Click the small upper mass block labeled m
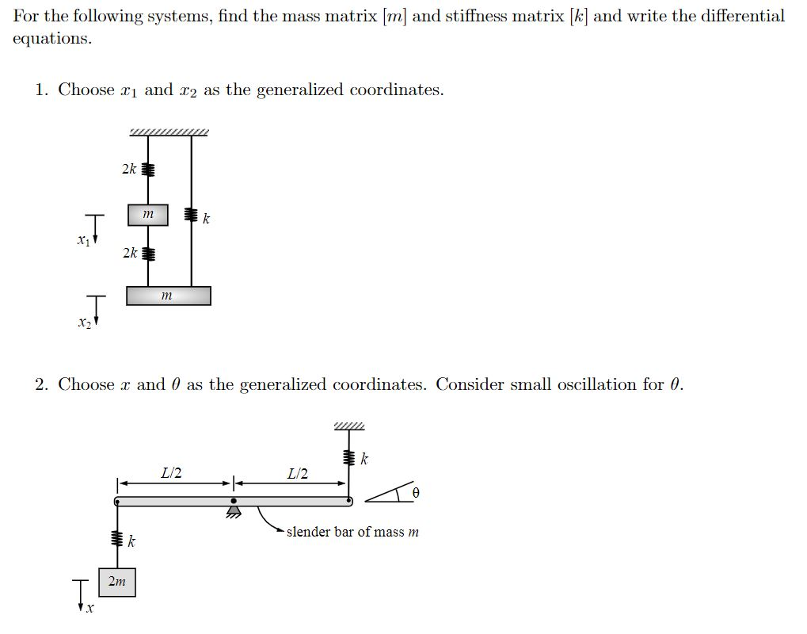(x=148, y=214)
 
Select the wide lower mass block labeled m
(x=168, y=296)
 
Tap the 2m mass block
(x=116, y=582)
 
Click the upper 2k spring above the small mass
(x=148, y=169)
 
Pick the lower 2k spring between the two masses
(x=148, y=254)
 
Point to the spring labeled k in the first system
(x=191, y=215)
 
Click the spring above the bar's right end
(x=347, y=458)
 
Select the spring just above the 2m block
(x=116, y=540)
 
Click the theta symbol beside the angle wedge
(x=415, y=493)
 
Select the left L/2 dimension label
(x=171, y=474)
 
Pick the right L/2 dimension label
(x=298, y=474)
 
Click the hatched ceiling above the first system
(x=169, y=132)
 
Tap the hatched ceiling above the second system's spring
(x=349, y=427)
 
